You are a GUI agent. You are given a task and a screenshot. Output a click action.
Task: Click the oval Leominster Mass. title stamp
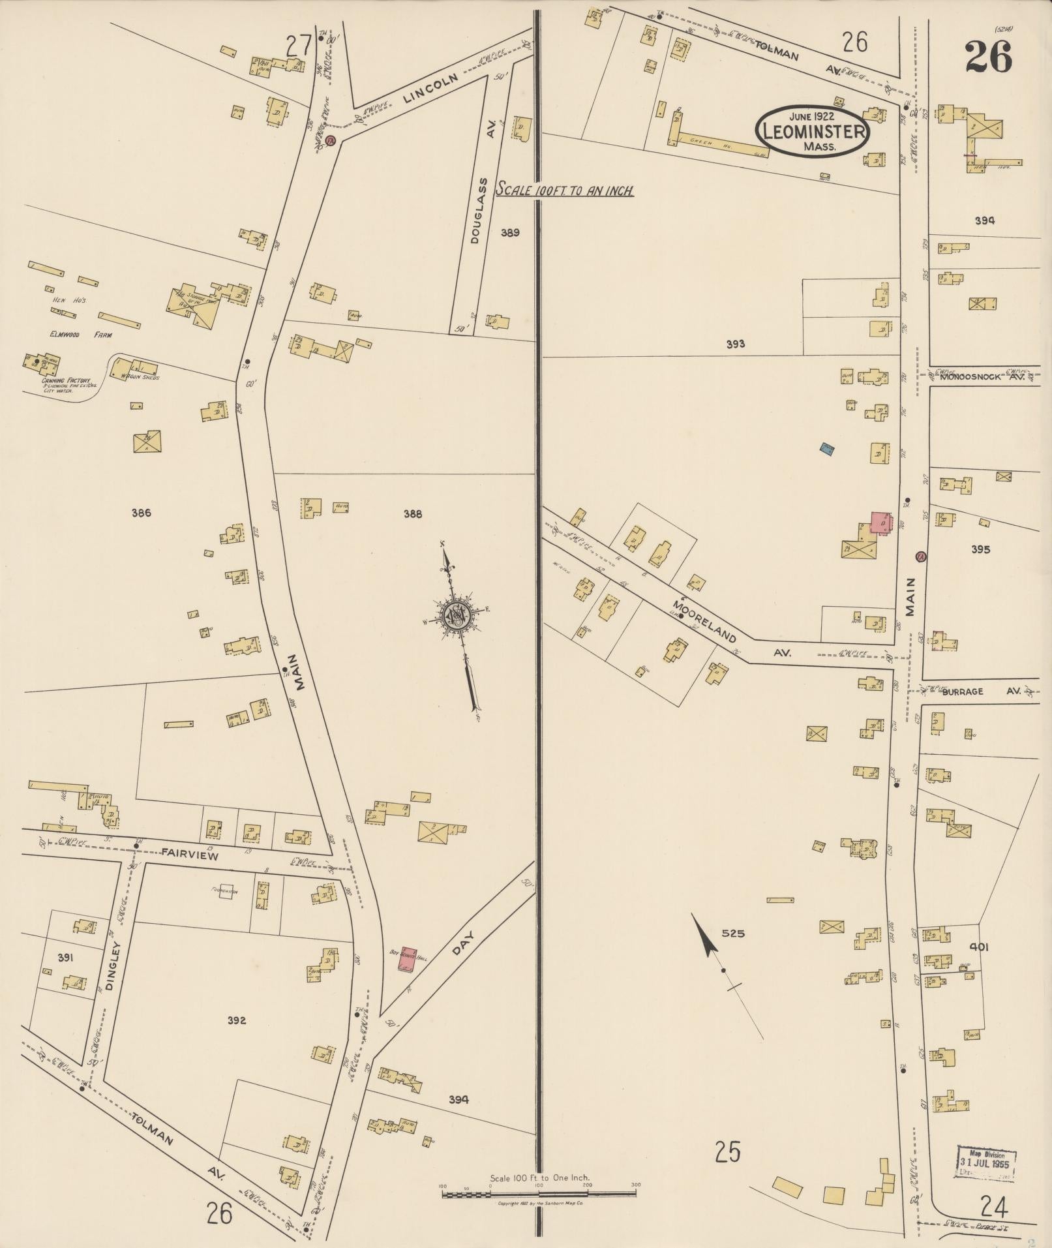[811, 131]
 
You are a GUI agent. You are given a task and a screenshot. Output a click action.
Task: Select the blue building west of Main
[828, 448]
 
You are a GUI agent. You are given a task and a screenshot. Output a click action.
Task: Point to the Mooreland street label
[704, 621]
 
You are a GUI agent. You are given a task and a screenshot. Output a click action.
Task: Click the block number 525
[732, 934]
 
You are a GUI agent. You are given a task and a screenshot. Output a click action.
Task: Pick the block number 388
[413, 513]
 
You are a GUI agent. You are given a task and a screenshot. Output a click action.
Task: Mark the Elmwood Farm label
[81, 335]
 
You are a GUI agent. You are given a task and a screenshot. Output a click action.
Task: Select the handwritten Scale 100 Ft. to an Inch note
[565, 191]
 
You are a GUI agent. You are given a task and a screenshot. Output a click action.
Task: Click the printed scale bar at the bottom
[539, 1194]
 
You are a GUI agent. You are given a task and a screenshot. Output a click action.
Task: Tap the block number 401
[979, 947]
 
